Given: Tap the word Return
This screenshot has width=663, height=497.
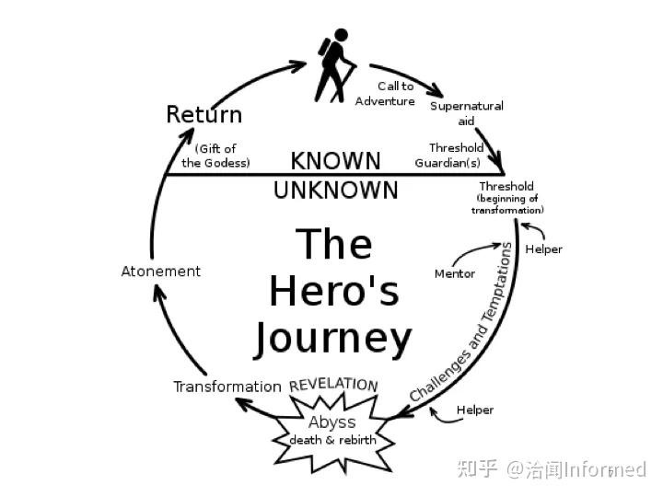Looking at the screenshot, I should coord(204,115).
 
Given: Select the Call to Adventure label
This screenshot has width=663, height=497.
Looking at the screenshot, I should coord(385,94).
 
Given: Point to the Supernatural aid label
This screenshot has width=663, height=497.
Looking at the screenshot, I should coord(467,113).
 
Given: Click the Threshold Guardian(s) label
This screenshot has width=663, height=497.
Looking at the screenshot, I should coord(448,156).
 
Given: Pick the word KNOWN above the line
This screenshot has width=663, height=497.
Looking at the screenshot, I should coord(335,160).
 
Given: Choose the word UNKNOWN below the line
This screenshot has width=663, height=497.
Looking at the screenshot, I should coord(335,191).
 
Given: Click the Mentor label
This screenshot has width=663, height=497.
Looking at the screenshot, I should coord(455,273).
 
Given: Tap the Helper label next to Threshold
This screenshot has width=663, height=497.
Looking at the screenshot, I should coord(543,249).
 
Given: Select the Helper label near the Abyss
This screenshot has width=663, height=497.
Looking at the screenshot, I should coord(475,410).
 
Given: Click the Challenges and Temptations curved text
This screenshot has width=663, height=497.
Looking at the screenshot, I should coord(460,322).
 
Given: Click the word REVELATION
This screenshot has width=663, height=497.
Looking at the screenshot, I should coord(333,384).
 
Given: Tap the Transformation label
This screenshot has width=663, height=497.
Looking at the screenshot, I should coord(227,387).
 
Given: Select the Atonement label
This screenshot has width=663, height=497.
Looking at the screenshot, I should coord(161,272).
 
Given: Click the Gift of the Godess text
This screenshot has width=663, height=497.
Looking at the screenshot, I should coord(216,156).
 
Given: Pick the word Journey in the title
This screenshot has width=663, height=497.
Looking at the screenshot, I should coord(332,338).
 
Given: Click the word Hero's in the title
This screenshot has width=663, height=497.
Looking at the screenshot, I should coord(333,291).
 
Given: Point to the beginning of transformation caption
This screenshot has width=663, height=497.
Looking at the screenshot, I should coord(507,204).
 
